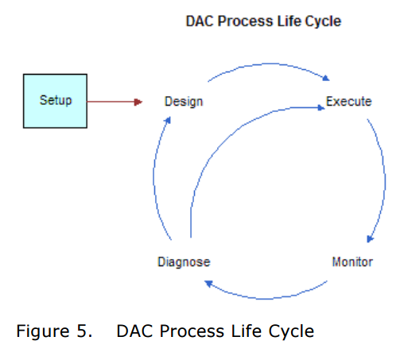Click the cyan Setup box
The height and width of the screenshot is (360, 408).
click(56, 101)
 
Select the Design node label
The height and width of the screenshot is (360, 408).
click(183, 102)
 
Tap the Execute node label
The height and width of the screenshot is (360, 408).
click(348, 102)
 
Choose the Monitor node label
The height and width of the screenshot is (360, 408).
click(352, 261)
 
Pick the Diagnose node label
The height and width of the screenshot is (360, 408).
click(183, 261)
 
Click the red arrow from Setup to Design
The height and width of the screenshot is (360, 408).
click(111, 102)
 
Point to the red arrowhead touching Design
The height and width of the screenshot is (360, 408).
click(138, 102)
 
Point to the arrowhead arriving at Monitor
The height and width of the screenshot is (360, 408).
click(370, 239)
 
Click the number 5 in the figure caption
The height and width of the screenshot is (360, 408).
click(87, 331)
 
